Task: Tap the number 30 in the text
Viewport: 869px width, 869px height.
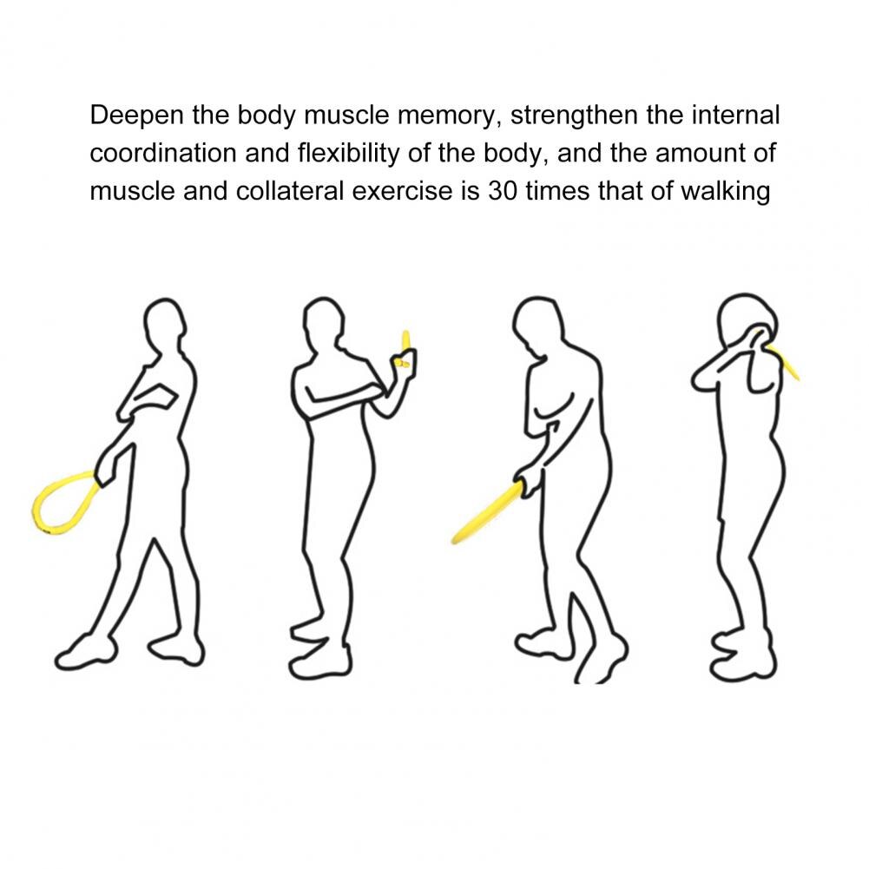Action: click(505, 191)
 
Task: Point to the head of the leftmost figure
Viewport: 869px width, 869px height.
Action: click(164, 325)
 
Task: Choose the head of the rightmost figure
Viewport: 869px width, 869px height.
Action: click(741, 322)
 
